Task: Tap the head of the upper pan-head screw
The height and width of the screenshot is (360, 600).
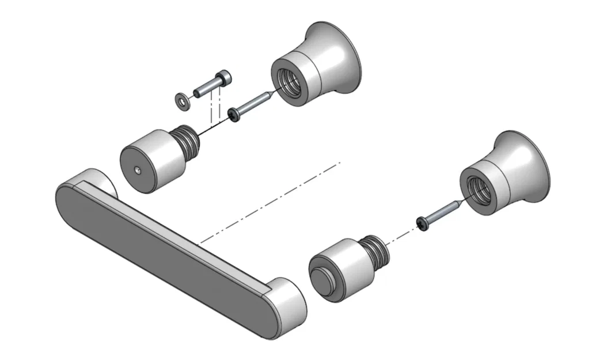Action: (x=233, y=115)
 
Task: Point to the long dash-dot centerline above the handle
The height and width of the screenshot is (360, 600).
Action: (x=271, y=202)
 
